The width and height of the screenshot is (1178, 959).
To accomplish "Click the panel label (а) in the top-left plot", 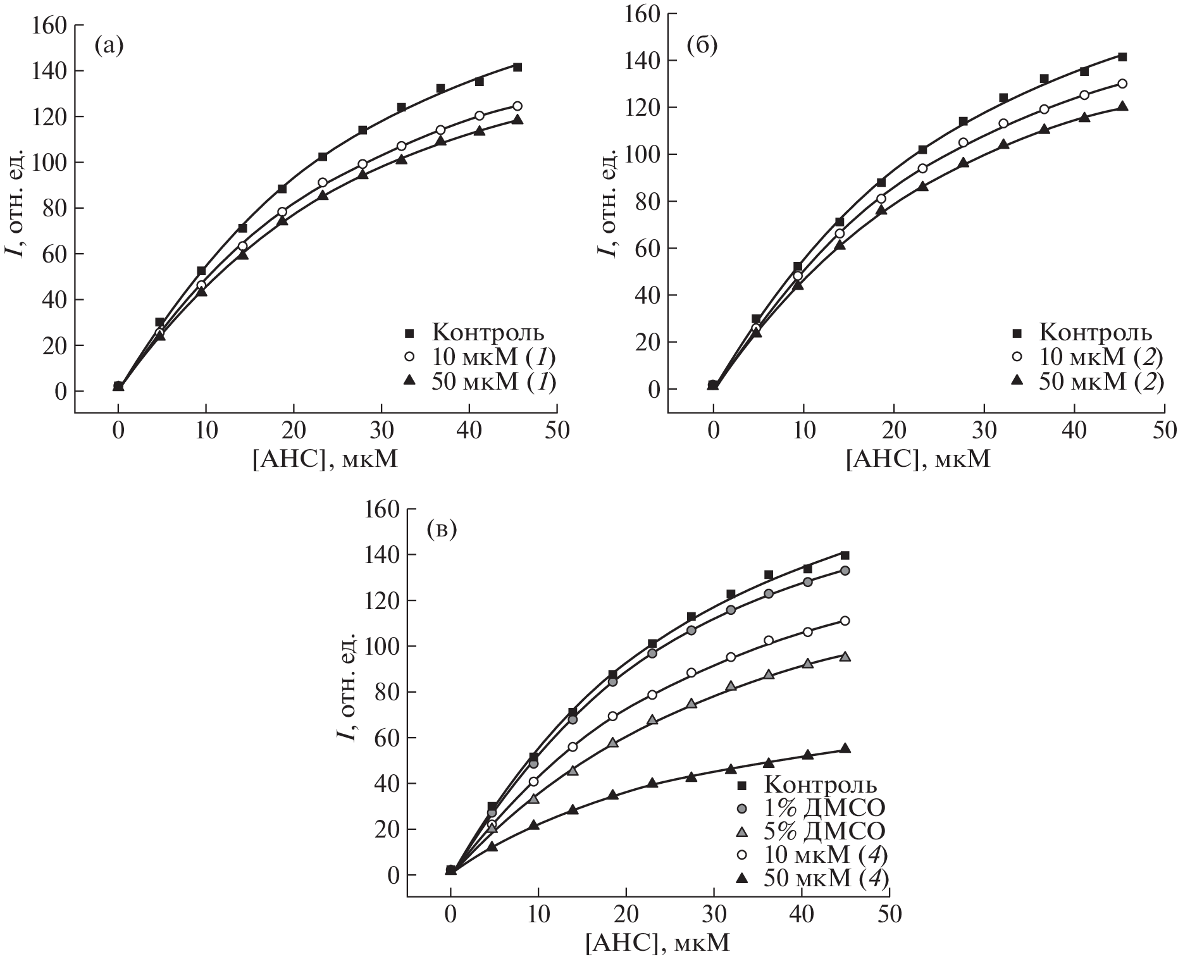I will (108, 46).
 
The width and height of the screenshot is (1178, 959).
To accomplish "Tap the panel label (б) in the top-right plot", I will (702, 46).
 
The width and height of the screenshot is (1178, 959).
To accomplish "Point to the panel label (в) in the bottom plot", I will (442, 529).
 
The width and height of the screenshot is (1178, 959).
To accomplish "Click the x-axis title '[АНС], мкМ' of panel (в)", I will (658, 943).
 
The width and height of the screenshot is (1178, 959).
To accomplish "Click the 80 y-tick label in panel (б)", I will (648, 202).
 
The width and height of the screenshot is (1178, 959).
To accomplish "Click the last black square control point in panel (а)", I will (517, 67).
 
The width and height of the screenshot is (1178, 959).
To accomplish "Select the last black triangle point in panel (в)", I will (845, 749).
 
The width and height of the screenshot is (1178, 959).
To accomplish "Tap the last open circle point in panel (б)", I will (1122, 84).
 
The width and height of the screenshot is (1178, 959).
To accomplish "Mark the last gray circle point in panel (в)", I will (845, 571).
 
